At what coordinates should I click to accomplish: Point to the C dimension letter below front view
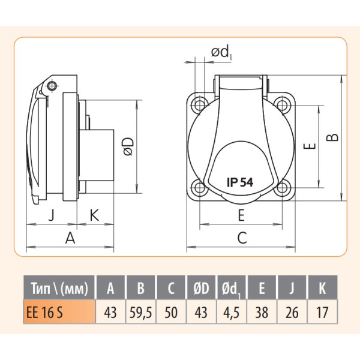click(x=242, y=238)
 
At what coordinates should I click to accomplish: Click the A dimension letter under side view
click(x=70, y=238)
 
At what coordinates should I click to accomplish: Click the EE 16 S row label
click(x=58, y=311)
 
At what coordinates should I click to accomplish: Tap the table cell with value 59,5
click(x=140, y=311)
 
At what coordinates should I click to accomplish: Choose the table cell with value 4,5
click(x=231, y=311)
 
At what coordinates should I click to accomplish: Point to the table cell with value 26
click(x=291, y=311)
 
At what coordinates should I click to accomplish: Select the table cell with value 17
click(x=322, y=311)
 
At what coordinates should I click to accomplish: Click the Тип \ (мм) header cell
click(x=59, y=289)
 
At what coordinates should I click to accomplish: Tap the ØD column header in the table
click(x=200, y=289)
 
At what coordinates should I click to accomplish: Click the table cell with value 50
click(x=170, y=311)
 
